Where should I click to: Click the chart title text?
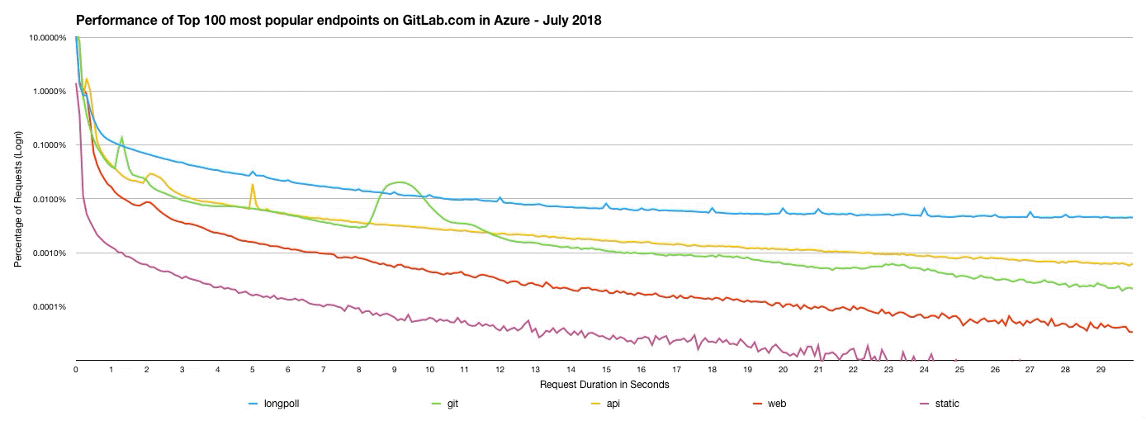pos(339,20)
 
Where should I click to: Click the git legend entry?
pos(452,404)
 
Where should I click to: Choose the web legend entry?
pos(775,404)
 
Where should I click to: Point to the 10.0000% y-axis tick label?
pos(48,37)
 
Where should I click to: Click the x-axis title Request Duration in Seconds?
pos(604,385)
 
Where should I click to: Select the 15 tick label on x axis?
pos(606,370)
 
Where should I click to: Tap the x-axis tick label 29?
pos(1101,370)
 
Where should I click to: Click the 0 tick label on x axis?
pos(75,370)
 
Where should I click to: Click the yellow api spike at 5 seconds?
pos(252,185)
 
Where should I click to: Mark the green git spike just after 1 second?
pos(121,138)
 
